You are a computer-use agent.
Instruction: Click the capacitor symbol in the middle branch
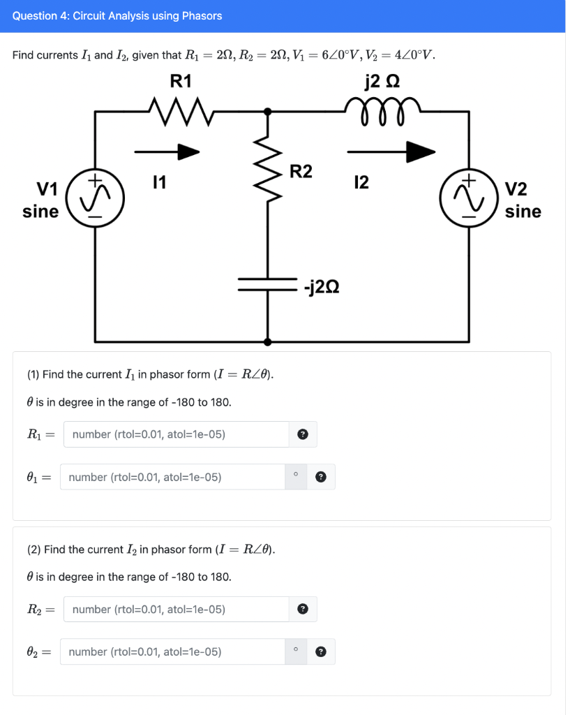pyautogui.click(x=267, y=284)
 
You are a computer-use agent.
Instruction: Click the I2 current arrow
pyautogui.click(x=391, y=151)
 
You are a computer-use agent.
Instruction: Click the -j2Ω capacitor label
pyautogui.click(x=322, y=286)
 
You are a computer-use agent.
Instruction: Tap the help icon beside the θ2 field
pyautogui.click(x=320, y=652)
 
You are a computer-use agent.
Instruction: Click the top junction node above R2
pyautogui.click(x=267, y=110)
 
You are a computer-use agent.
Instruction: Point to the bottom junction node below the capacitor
pyautogui.click(x=267, y=341)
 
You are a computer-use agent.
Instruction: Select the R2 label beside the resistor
pyautogui.click(x=301, y=172)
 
